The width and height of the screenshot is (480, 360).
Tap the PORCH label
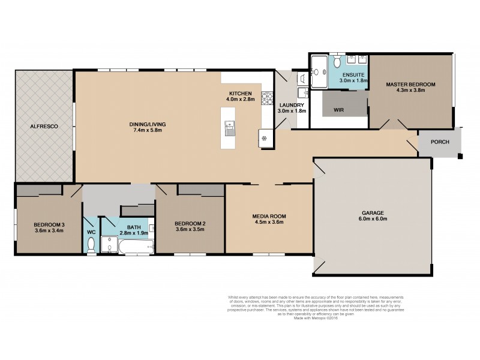[440, 144]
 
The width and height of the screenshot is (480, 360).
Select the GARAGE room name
[372, 212]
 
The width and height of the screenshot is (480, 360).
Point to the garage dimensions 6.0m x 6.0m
[372, 219]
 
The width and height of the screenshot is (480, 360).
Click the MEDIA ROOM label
[269, 215]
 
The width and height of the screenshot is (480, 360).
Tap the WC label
[91, 232]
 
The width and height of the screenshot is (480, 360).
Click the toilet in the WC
[91, 245]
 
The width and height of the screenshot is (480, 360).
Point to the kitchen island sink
[229, 126]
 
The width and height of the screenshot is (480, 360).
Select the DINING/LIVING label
[148, 124]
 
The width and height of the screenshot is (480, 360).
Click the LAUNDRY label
[292, 104]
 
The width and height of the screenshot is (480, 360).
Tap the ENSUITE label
[353, 75]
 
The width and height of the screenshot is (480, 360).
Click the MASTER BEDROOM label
[410, 84]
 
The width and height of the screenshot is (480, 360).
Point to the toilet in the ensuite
[338, 62]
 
